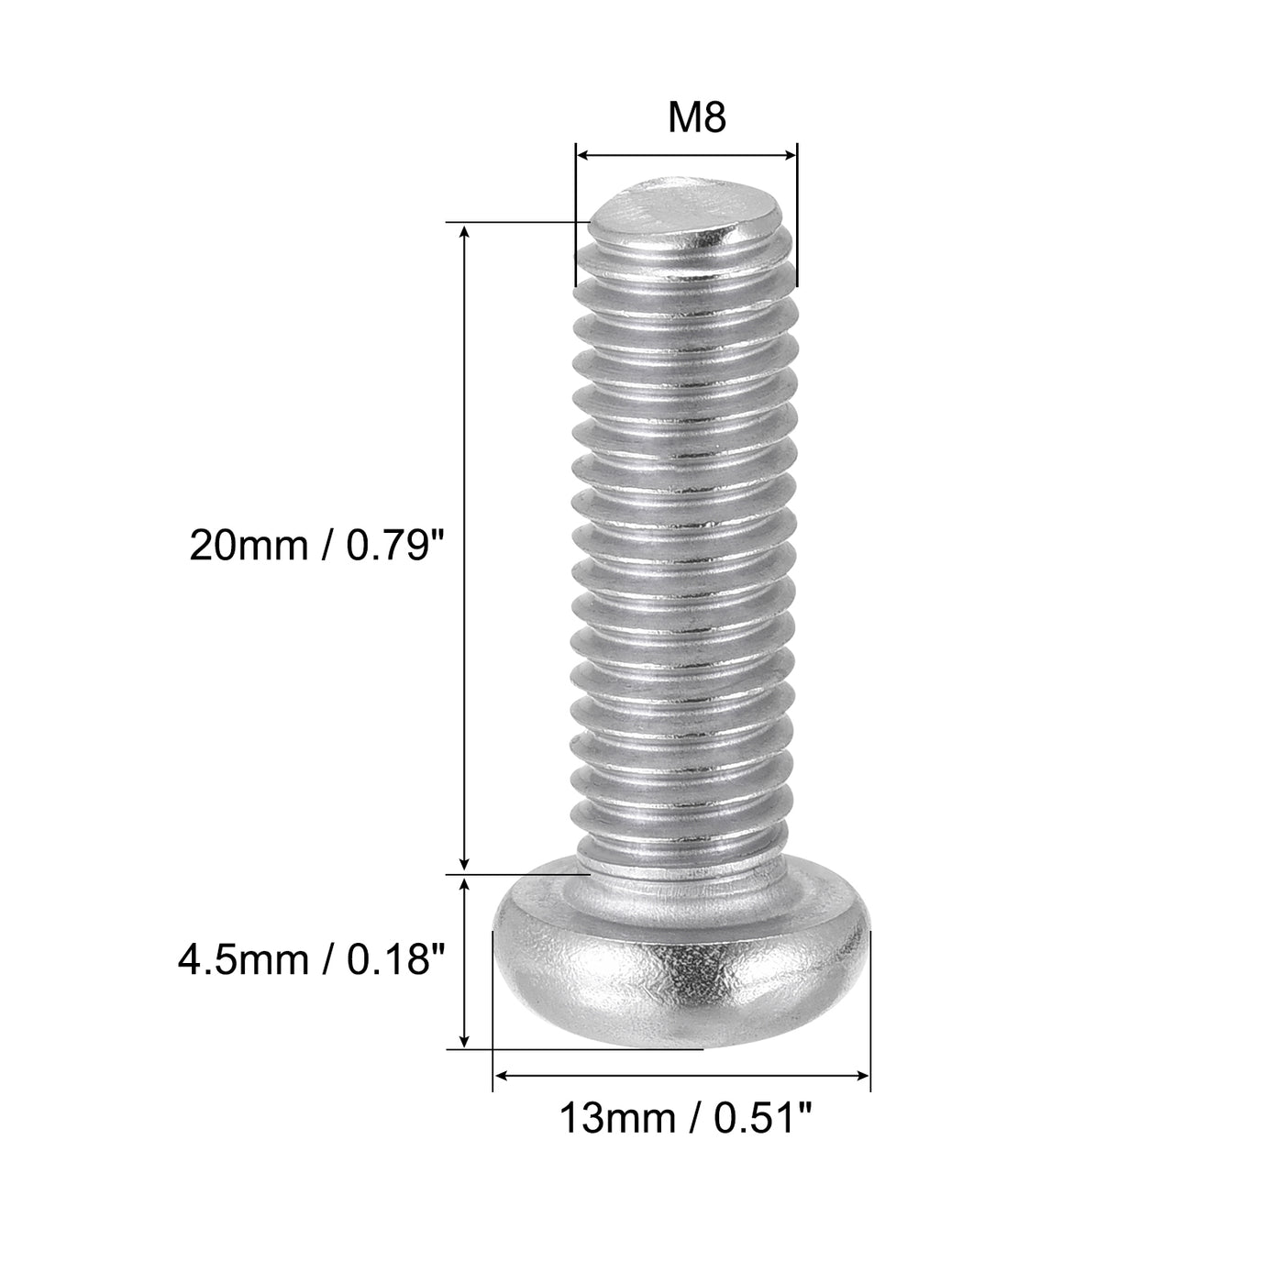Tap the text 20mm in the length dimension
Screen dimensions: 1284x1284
(x=243, y=548)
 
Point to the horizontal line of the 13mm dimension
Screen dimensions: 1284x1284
(x=681, y=1074)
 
